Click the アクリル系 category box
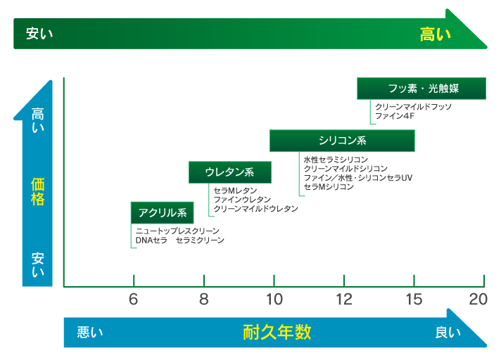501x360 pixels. tap(163, 212)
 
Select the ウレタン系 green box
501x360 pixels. tap(230, 172)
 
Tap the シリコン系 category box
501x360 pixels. tap(342, 141)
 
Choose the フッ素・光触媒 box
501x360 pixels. tap(421, 89)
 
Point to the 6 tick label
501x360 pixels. tap(133, 300)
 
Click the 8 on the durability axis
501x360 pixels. tap(204, 300)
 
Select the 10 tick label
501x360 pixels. tap(274, 300)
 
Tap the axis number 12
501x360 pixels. tap(344, 300)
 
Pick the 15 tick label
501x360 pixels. tap(414, 300)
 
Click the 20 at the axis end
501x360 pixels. tap(478, 300)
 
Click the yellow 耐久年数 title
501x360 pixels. tap(277, 332)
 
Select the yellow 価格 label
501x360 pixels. tap(38, 192)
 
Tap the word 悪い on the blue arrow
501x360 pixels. tap(90, 333)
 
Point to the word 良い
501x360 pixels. tap(448, 333)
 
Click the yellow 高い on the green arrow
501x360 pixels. tap(435, 34)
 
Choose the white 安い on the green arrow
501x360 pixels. tap(39, 34)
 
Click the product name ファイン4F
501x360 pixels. tap(395, 116)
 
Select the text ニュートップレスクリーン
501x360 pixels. tap(177, 231)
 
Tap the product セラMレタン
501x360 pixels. tap(235, 191)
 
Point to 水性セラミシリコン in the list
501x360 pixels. tap(336, 159)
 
